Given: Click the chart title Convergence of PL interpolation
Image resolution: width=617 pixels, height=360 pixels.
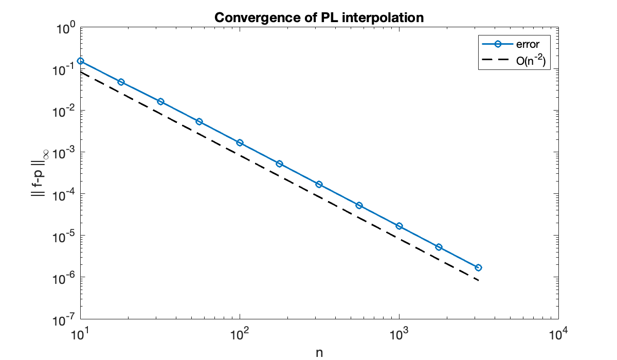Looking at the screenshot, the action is (x=319, y=17).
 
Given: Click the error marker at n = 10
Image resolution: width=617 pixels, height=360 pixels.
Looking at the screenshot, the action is (x=80, y=61).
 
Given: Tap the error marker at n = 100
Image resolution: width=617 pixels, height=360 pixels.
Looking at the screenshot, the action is (x=240, y=142).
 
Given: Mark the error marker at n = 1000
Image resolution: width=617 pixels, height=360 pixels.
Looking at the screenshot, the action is (x=399, y=226).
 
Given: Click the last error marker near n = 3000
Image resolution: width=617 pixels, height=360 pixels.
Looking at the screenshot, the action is (x=478, y=267).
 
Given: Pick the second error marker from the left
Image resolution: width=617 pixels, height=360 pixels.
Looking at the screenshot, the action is (x=121, y=82).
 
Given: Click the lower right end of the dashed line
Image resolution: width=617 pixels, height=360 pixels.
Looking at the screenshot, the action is (x=478, y=280).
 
